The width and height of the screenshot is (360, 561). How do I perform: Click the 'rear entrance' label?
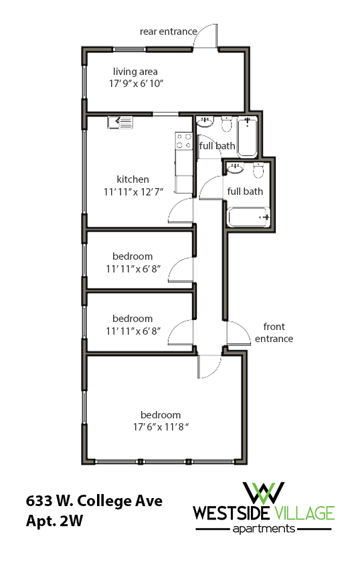(x=168, y=31)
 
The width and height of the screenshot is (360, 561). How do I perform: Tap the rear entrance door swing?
(x=205, y=37)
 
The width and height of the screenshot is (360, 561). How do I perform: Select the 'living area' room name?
(x=135, y=72)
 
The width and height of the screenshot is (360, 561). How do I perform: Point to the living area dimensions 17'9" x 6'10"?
(x=136, y=84)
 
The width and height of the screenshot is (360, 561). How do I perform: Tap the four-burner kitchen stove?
(x=183, y=141)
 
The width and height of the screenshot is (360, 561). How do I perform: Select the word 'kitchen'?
(x=132, y=179)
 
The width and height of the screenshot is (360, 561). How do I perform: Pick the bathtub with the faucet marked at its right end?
(x=248, y=217)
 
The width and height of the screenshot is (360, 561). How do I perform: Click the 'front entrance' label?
(x=274, y=333)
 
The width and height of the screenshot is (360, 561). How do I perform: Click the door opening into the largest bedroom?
(x=209, y=366)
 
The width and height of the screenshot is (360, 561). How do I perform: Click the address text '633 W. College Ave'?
(x=94, y=501)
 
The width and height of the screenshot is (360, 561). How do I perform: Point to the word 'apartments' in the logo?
(x=263, y=529)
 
